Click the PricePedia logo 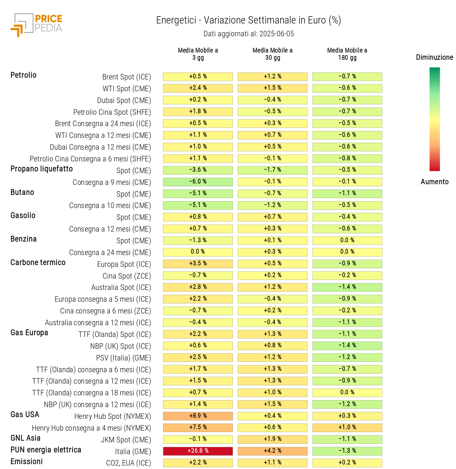point(36,25)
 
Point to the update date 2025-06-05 point(277,34)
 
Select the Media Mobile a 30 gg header point(273,54)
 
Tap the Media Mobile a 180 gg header point(347,54)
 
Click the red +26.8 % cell point(198,451)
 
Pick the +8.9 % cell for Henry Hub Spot point(198,416)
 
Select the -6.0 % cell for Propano point(198,181)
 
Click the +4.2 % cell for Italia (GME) point(273,451)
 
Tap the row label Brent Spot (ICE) point(126,77)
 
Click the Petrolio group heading point(23,75)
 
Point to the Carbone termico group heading point(38,262)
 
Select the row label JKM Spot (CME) point(126,440)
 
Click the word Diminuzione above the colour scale point(434,57)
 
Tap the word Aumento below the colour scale point(434,181)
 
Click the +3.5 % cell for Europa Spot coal point(198,263)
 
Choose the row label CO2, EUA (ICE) point(129,463)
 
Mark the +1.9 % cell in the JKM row point(273,439)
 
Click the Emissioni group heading point(27,461)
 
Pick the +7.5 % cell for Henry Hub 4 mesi point(198,427)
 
